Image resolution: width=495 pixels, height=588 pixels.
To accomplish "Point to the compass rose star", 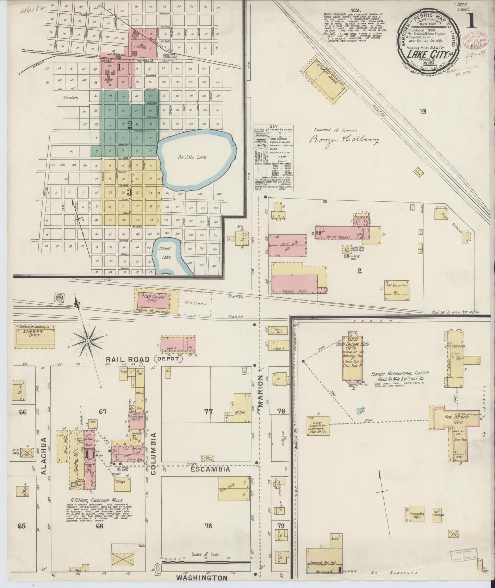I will click(x=88, y=341).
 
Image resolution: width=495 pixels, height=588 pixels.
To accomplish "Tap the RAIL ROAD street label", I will click(x=123, y=359).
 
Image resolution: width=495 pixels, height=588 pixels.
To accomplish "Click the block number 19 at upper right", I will click(x=423, y=111).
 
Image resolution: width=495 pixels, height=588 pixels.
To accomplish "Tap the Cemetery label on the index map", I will click(x=71, y=98).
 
